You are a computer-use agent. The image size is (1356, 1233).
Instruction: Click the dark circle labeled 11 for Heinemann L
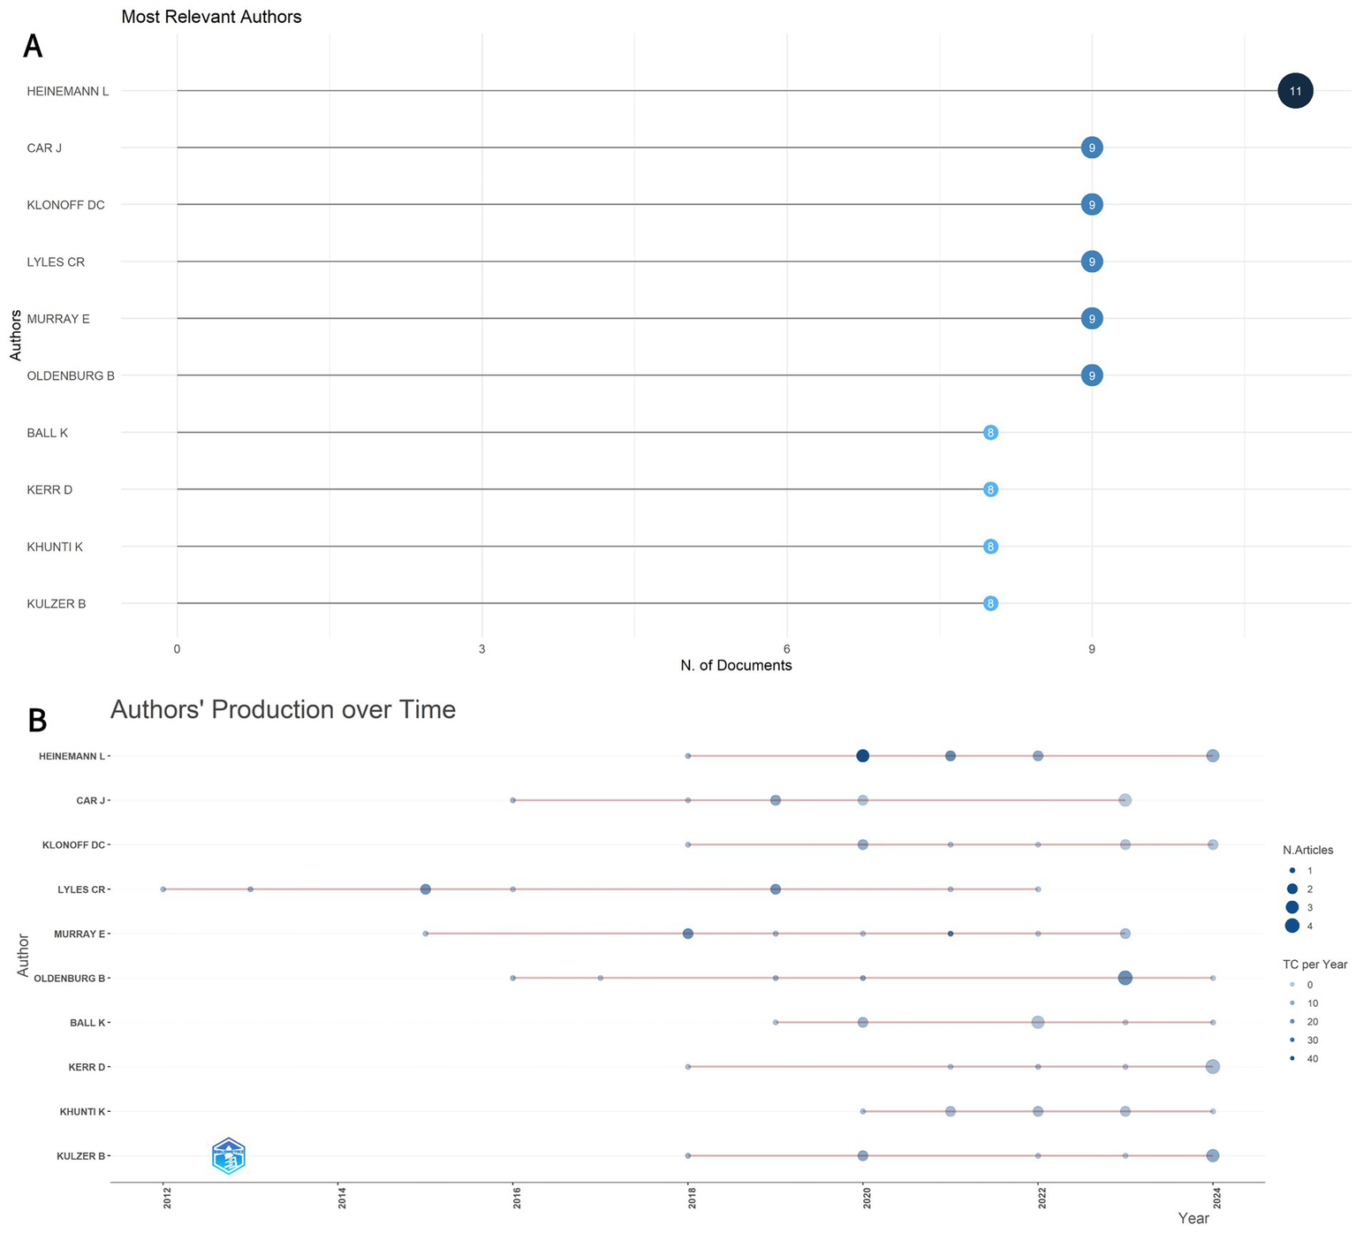pos(1295,91)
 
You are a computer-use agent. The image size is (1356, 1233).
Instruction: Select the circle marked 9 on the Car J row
pos(1092,148)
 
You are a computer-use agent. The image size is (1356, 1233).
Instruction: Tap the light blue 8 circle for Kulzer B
pos(990,604)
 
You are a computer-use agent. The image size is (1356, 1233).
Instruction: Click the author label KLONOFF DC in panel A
pos(65,205)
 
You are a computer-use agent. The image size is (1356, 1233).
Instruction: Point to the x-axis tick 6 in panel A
pos(786,649)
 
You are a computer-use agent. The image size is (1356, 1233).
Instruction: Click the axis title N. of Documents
pos(736,666)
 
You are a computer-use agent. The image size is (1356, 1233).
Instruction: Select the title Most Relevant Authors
pos(211,17)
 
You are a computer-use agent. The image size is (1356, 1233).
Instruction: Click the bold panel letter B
pos(37,721)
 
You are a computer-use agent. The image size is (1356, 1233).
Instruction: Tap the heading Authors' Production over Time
pos(283,710)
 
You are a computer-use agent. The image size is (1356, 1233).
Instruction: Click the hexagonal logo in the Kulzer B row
pos(229,1156)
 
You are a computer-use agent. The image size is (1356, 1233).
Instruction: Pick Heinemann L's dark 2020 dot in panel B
pos(863,756)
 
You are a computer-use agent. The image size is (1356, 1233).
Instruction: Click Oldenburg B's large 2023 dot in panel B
pos(1125,978)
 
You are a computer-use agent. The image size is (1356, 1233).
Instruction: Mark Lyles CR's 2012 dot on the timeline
pos(163,889)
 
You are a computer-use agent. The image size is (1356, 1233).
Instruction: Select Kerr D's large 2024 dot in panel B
pos(1212,1067)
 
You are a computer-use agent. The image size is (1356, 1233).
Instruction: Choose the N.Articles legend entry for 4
pos(1292,926)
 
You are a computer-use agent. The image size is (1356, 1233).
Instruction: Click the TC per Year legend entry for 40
pos(1292,1058)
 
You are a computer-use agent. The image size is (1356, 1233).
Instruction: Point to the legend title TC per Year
pos(1314,964)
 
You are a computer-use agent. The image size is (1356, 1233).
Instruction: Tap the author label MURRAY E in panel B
pos(80,934)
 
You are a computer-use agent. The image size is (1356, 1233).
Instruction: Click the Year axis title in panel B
pos(1193,1219)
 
